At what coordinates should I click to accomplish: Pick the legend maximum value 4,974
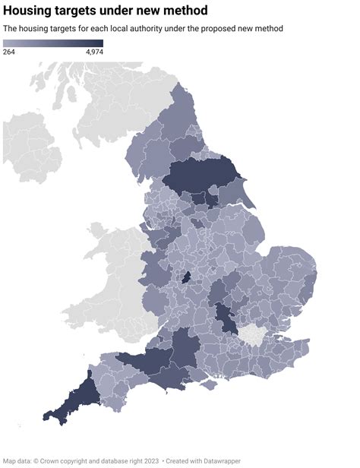tap(94, 52)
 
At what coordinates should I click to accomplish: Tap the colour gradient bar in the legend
tap(53, 43)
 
